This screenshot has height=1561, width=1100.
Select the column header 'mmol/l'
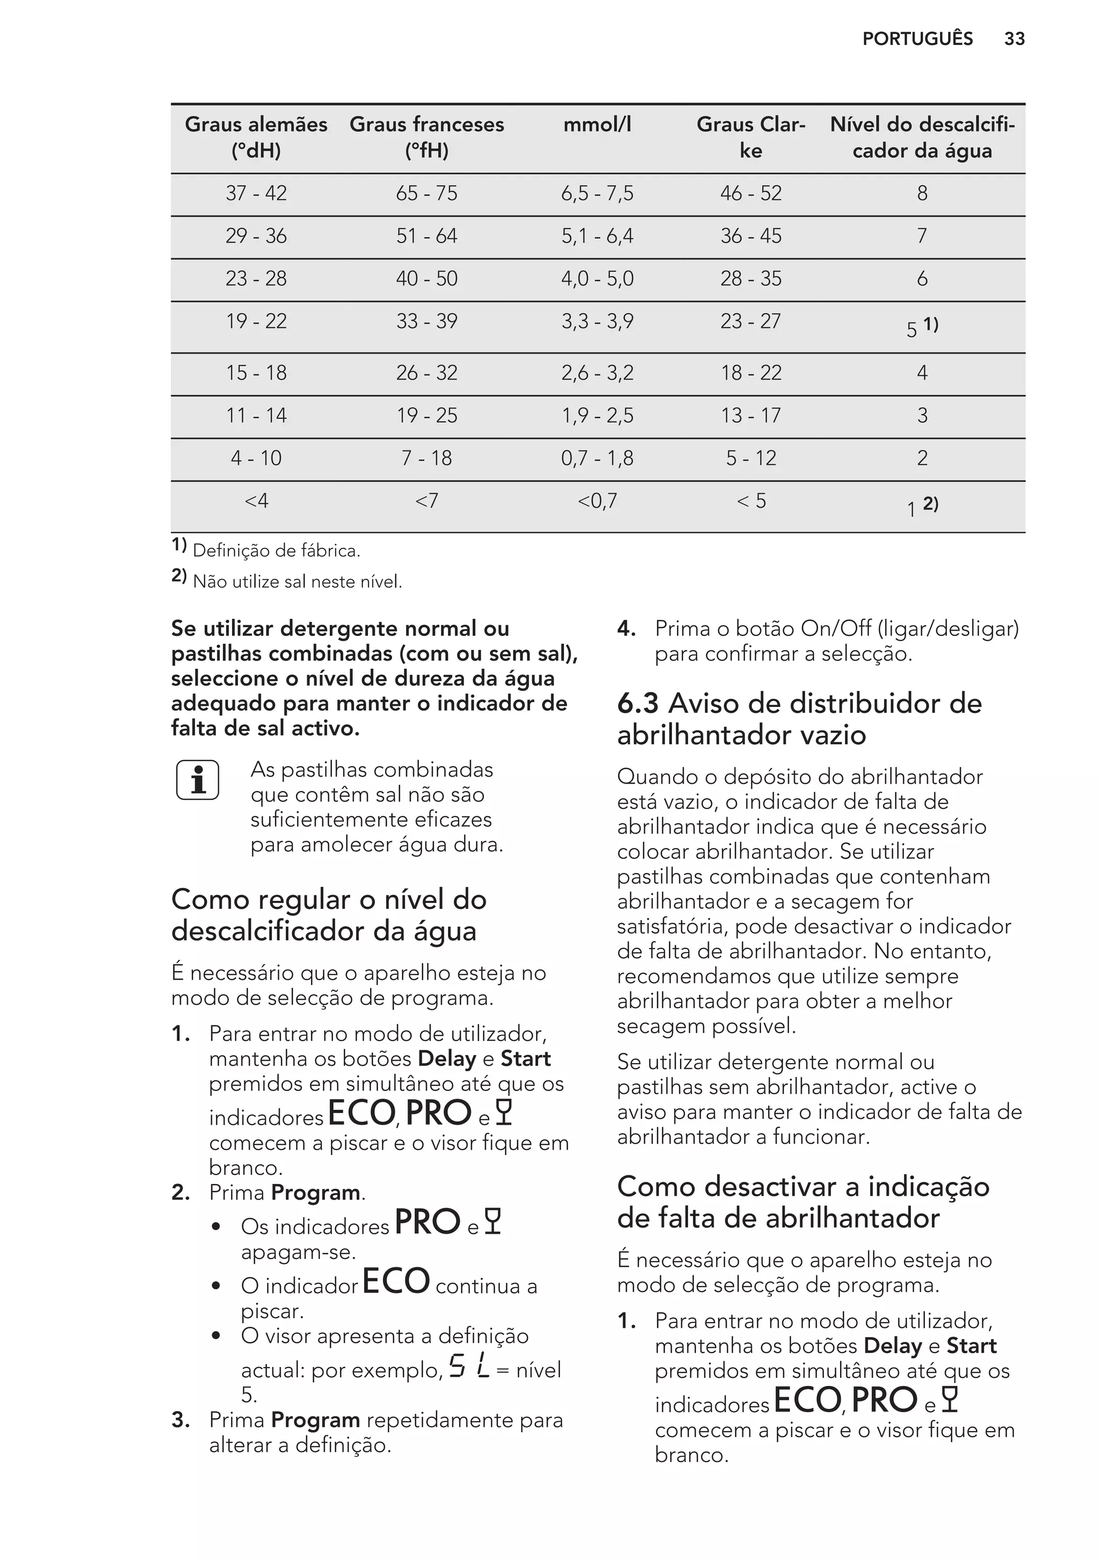click(x=597, y=125)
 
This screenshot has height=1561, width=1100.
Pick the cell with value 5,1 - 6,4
click(x=597, y=236)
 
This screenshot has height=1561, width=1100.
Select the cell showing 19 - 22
click(x=256, y=322)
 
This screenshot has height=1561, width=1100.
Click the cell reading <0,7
click(x=597, y=502)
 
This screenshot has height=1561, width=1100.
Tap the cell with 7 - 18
click(x=426, y=459)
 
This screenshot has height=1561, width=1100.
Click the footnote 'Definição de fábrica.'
click(x=276, y=551)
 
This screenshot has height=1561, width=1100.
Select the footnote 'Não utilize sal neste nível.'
click(x=297, y=582)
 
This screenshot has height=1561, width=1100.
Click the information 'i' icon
click(x=198, y=780)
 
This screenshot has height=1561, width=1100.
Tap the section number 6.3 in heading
click(x=637, y=704)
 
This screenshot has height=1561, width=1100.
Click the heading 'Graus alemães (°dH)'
click(x=256, y=138)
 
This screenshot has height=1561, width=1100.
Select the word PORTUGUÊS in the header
click(x=917, y=39)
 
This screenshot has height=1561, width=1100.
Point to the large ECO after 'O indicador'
click(x=396, y=1282)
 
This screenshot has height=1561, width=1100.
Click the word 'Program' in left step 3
click(x=315, y=1420)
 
